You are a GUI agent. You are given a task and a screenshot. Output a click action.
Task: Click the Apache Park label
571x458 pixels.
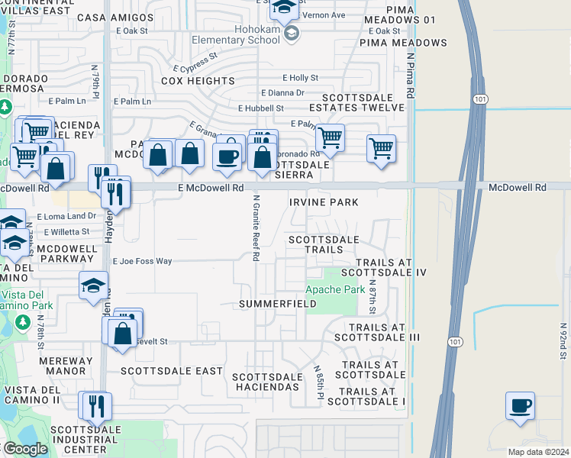[335, 290]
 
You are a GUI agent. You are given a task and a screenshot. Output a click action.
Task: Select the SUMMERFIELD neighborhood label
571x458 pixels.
[278, 304]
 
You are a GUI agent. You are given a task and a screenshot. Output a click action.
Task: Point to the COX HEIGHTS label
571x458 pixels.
[198, 81]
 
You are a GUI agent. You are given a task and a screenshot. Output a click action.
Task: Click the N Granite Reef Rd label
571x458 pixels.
[256, 227]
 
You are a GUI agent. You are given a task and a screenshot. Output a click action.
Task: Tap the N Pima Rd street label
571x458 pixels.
[411, 75]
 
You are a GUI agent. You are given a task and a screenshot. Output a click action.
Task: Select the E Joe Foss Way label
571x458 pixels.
[143, 261]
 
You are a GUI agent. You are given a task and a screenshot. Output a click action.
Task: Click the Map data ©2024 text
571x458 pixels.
[539, 452]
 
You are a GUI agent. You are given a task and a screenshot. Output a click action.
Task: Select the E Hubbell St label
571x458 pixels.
[260, 108]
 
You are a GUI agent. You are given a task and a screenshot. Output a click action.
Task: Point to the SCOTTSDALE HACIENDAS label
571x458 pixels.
[266, 382]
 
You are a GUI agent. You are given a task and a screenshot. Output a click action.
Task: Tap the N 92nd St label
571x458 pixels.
[563, 341]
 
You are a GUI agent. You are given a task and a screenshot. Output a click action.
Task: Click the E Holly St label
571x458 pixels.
[300, 78]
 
